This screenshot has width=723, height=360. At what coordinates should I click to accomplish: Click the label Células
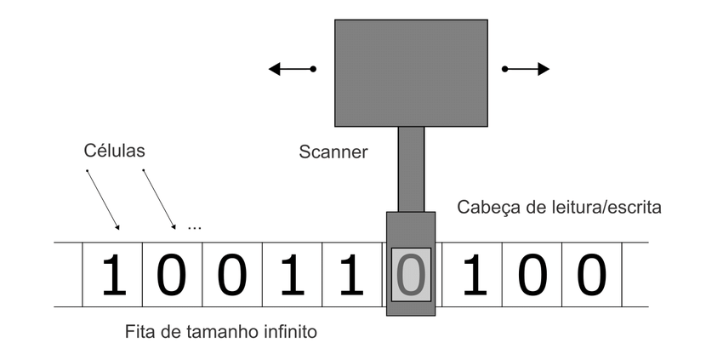pos(115,151)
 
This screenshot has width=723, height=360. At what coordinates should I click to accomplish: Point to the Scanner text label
pos(333,152)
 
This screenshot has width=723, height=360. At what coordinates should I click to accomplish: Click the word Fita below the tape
pos(139,332)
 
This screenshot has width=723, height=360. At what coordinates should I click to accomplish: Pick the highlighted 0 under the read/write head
pos(411,275)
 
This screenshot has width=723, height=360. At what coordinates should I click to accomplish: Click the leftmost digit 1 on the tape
pos(112,275)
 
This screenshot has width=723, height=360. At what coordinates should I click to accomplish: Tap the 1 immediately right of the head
pos(471,275)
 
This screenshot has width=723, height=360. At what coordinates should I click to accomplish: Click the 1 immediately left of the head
pos(351,275)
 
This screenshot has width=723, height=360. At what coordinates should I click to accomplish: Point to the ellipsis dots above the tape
pos(194,227)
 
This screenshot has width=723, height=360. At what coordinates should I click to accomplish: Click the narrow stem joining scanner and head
pos(411,169)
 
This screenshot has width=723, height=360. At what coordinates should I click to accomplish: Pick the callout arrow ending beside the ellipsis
pos(159,199)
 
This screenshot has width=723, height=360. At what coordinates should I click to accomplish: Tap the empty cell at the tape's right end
pos(635,275)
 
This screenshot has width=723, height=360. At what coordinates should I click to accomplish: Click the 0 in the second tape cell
pos(172,275)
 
